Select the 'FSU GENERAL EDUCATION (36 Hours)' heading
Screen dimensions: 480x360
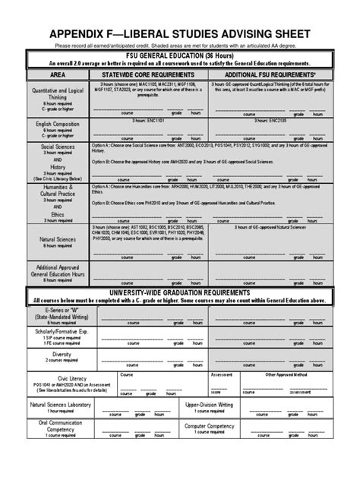[180, 55]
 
